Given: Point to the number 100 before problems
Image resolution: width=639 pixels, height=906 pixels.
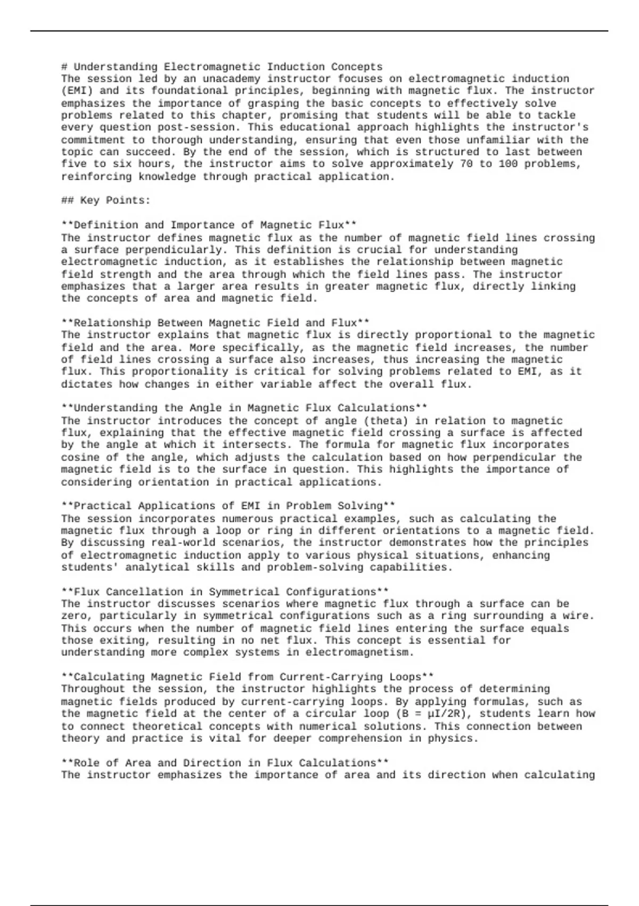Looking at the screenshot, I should pyautogui.click(x=508, y=164).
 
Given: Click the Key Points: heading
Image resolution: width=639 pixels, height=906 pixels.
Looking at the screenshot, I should pyautogui.click(x=105, y=200).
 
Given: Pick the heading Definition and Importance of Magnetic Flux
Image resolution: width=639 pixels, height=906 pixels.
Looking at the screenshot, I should pyautogui.click(x=209, y=225).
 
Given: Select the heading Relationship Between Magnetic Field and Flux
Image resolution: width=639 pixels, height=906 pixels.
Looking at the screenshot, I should pyautogui.click(x=215, y=323).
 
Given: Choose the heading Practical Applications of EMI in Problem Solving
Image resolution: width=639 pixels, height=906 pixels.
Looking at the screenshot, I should pyautogui.click(x=228, y=506).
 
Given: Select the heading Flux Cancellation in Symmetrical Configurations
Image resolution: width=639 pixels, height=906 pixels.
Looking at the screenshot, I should pyautogui.click(x=225, y=592).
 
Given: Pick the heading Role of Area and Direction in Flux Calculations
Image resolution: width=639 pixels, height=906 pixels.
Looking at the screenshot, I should pyautogui.click(x=225, y=763).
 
